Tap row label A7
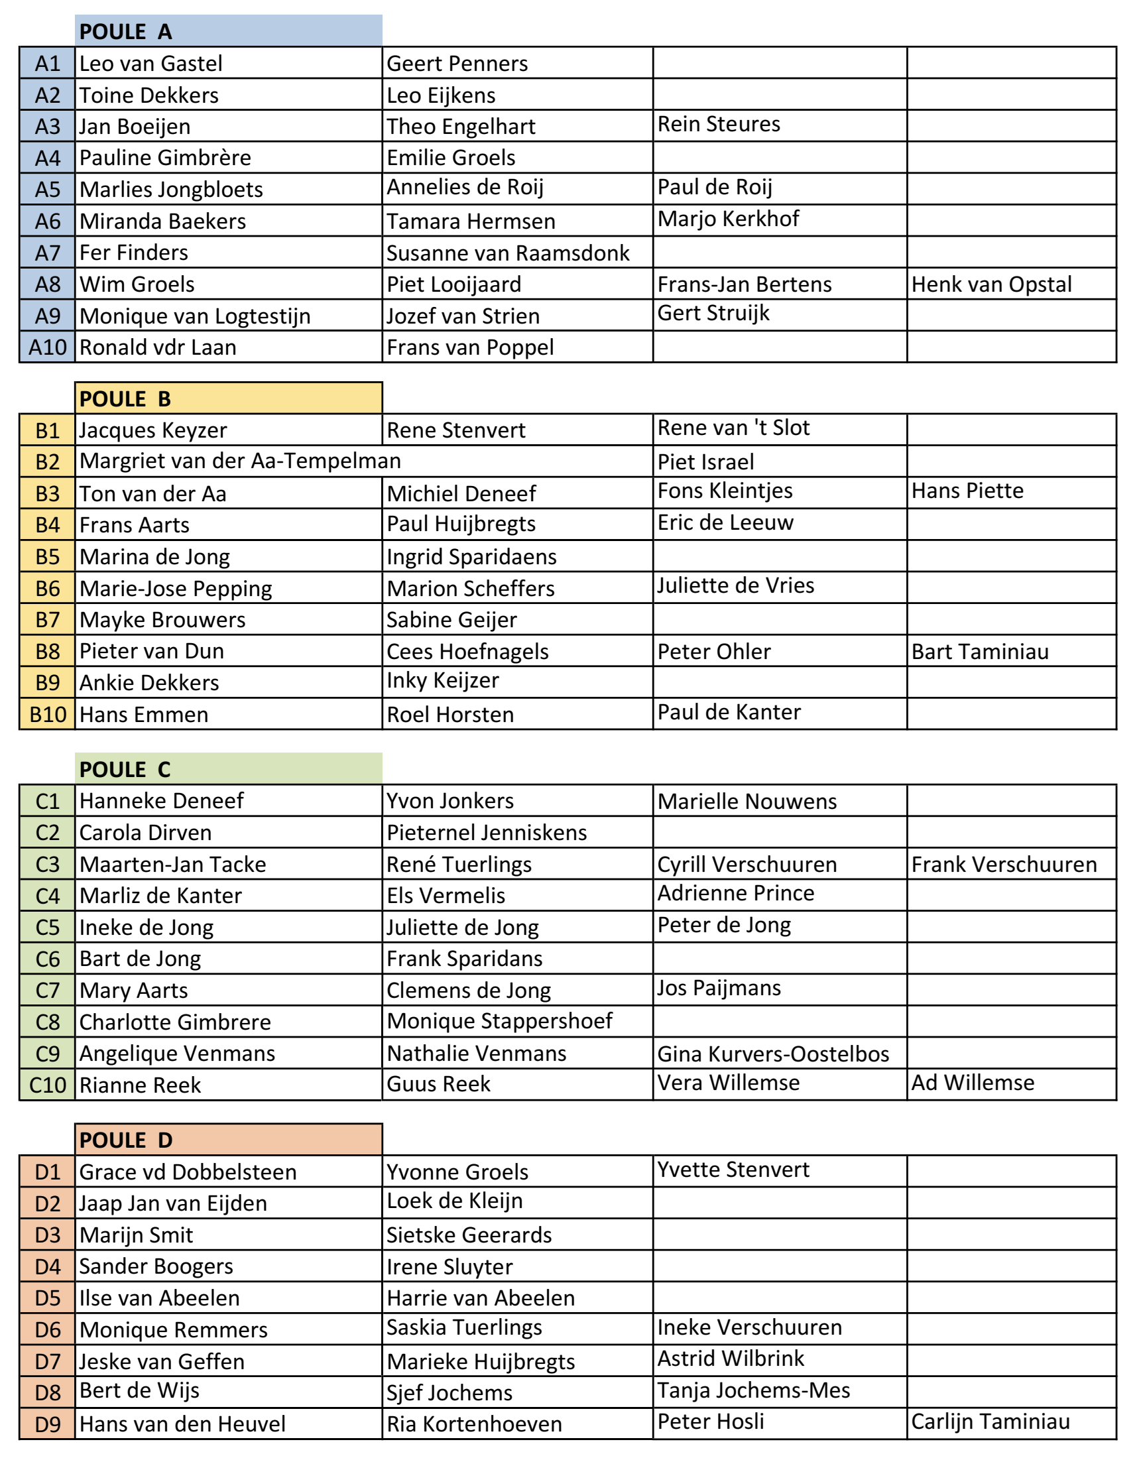coord(48,253)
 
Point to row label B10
coord(48,714)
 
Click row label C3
coord(48,864)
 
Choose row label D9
coord(48,1424)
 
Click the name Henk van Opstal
coord(991,284)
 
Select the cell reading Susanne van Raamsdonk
coord(507,253)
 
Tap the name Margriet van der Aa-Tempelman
coord(241,461)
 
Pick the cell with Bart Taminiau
coord(980,652)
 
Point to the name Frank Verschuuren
coord(1004,864)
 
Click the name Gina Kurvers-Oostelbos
coord(773,1054)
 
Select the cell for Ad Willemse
coord(973,1082)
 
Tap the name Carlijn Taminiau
coord(990,1422)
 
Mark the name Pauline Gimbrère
coord(165,158)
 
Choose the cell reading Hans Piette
coord(967,491)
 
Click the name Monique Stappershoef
coord(499,1021)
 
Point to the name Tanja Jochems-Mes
coord(754,1390)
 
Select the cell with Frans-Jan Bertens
coord(745,284)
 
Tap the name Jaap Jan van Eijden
coord(173,1203)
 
